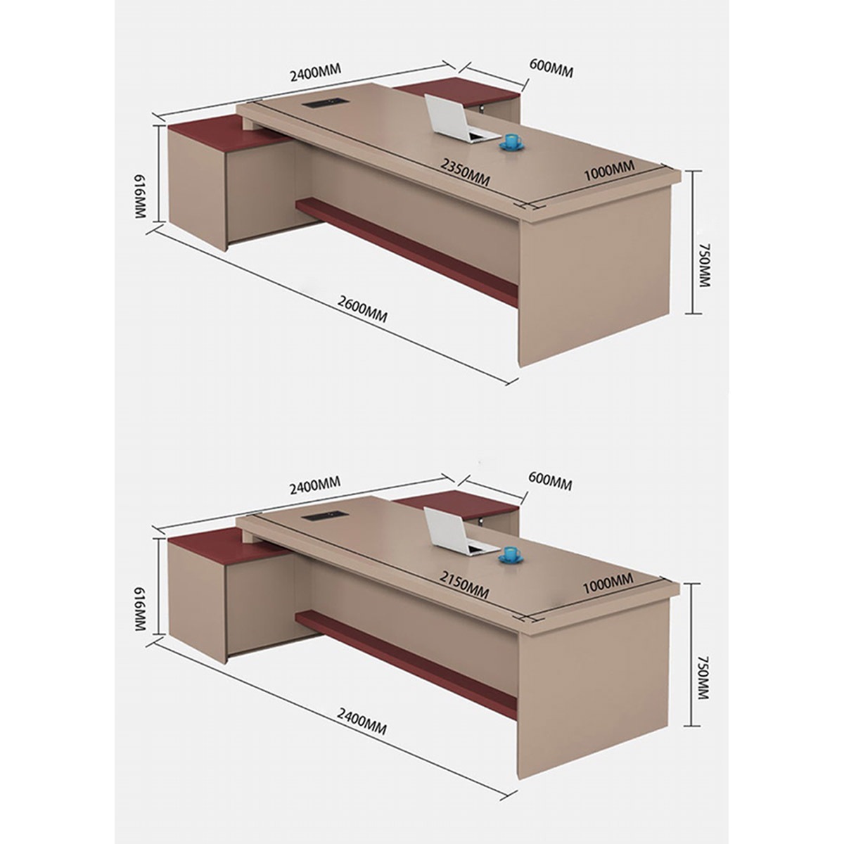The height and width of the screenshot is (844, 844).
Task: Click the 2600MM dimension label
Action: tap(362, 309)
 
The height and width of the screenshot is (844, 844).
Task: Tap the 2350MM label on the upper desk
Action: tap(465, 172)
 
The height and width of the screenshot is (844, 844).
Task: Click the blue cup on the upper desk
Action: tap(510, 143)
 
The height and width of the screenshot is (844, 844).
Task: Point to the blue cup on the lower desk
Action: tap(510, 556)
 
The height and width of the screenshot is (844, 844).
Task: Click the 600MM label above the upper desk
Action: tap(551, 68)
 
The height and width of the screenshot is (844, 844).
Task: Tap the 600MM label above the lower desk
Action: tap(550, 480)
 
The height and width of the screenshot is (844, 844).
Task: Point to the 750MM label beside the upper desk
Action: tap(701, 265)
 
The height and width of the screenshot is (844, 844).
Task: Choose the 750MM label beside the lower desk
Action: tap(701, 677)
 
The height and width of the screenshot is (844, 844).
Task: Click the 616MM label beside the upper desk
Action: tap(139, 197)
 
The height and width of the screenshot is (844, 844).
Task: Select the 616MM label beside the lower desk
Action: tap(139, 609)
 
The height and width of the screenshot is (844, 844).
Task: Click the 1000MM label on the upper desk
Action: tap(609, 171)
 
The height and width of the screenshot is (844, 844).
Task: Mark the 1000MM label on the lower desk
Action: tap(608, 583)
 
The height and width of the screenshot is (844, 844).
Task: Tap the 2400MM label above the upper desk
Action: tap(315, 72)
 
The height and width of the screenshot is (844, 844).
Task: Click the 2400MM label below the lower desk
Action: tap(362, 721)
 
